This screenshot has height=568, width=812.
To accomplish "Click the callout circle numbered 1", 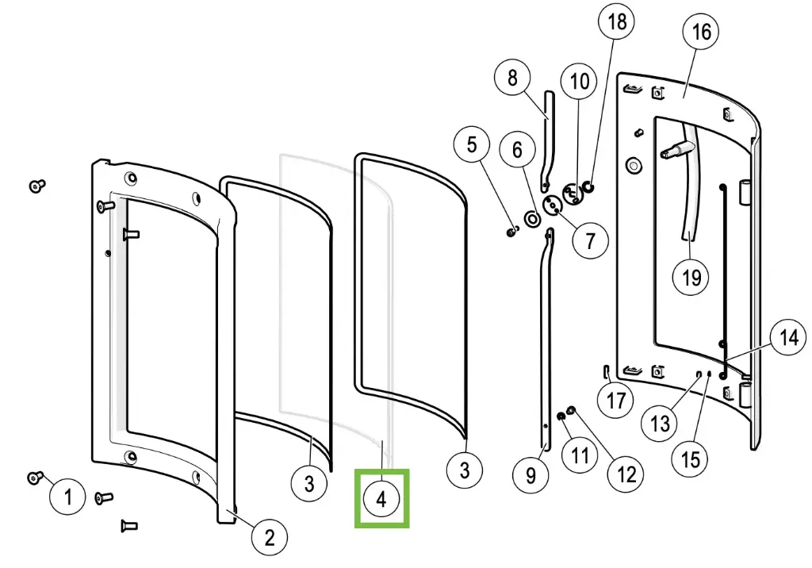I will pyautogui.click(x=68, y=497).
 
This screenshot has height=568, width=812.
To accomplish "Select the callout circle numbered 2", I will pyautogui.click(x=270, y=538).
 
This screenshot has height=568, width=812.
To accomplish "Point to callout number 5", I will pyautogui.click(x=473, y=145).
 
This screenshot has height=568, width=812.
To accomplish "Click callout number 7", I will pyautogui.click(x=590, y=240).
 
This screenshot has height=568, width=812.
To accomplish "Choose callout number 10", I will pyautogui.click(x=580, y=81).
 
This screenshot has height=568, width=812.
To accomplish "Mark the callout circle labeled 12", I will pyautogui.click(x=626, y=474).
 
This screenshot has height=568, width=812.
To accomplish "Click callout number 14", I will pyautogui.click(x=787, y=338).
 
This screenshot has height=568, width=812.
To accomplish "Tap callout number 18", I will pyautogui.click(x=617, y=21).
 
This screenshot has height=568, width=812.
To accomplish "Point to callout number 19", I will pyautogui.click(x=691, y=277).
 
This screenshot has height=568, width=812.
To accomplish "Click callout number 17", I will pyautogui.click(x=616, y=400).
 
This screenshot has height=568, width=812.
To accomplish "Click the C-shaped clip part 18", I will pyautogui.click(x=588, y=187).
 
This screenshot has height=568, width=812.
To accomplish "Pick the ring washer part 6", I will pyautogui.click(x=528, y=218).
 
